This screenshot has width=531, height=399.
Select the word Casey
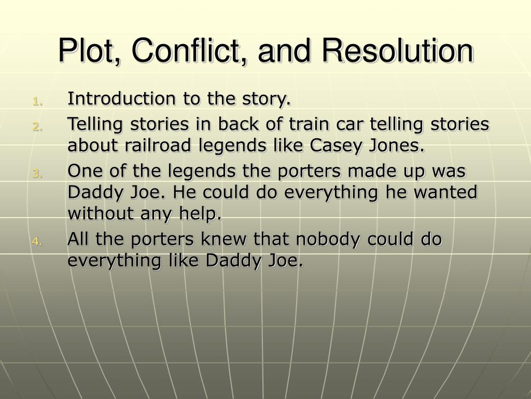coord(332,146)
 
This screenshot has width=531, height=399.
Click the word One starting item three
coord(82,171)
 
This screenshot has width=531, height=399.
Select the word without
coord(99,213)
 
